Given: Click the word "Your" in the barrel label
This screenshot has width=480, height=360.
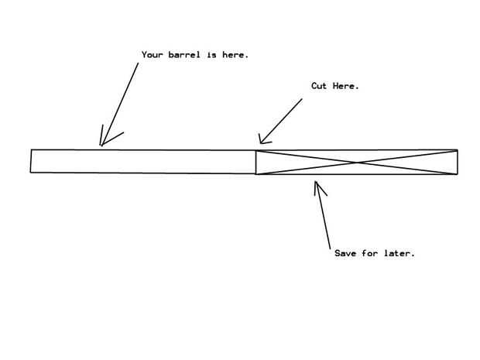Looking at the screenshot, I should click(153, 55).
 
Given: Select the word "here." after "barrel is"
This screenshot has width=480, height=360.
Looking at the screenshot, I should click(235, 55).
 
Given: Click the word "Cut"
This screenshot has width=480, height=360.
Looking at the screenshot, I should click(319, 86).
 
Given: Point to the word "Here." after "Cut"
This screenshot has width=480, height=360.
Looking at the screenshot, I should click(346, 86).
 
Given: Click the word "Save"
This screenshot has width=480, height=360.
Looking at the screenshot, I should click(345, 253).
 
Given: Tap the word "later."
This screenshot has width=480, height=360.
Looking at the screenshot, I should click(399, 253).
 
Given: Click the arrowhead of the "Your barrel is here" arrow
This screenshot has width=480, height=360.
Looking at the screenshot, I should click(101, 143).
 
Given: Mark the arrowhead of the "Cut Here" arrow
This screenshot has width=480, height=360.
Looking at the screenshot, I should click(260, 142).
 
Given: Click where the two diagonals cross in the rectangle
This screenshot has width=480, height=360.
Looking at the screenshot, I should click(357, 163).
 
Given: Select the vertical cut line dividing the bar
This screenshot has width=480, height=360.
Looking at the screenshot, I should click(256, 162).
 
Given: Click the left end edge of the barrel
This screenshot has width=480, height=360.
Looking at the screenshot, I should click(31, 160).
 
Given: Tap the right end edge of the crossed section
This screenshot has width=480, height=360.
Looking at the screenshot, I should click(458, 163).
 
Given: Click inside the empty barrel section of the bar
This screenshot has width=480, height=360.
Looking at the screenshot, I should click(143, 161).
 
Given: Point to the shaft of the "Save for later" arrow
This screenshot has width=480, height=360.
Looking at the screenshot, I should click(324, 217).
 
